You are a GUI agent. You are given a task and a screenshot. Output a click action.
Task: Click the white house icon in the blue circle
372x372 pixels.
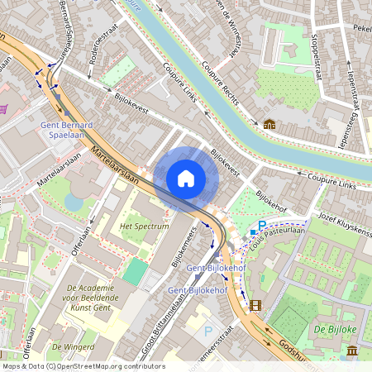[186, 179]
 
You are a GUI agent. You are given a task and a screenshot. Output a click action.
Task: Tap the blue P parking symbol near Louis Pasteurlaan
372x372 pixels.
[262, 226]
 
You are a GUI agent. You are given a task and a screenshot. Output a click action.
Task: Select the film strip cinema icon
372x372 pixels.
[255, 305]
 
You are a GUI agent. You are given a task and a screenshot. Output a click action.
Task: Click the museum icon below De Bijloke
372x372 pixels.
[353, 351]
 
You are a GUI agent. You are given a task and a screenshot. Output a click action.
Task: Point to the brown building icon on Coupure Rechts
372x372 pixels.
[269, 124]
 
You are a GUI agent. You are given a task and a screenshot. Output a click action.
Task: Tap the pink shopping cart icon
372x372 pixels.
[3, 108]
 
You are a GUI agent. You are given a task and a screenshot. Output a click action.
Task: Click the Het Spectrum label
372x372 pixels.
[145, 225]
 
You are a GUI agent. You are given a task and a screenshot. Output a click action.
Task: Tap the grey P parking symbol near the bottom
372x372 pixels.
[207, 330]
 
